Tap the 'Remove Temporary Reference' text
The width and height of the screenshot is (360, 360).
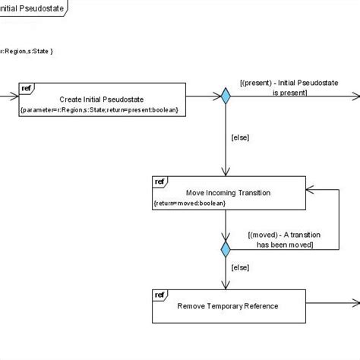(x=227, y=306)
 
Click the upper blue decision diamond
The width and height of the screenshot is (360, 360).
(x=226, y=96)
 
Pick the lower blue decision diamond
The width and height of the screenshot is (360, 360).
(x=226, y=248)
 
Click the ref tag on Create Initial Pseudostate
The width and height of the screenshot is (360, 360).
(x=25, y=87)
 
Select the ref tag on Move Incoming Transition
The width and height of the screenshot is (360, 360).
(x=159, y=182)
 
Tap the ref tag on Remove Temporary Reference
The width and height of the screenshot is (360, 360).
(x=159, y=295)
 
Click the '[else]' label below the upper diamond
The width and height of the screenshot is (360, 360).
(x=239, y=137)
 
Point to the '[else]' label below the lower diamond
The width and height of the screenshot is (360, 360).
(x=239, y=268)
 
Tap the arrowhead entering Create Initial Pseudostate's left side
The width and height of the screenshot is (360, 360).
(x=14, y=96)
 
